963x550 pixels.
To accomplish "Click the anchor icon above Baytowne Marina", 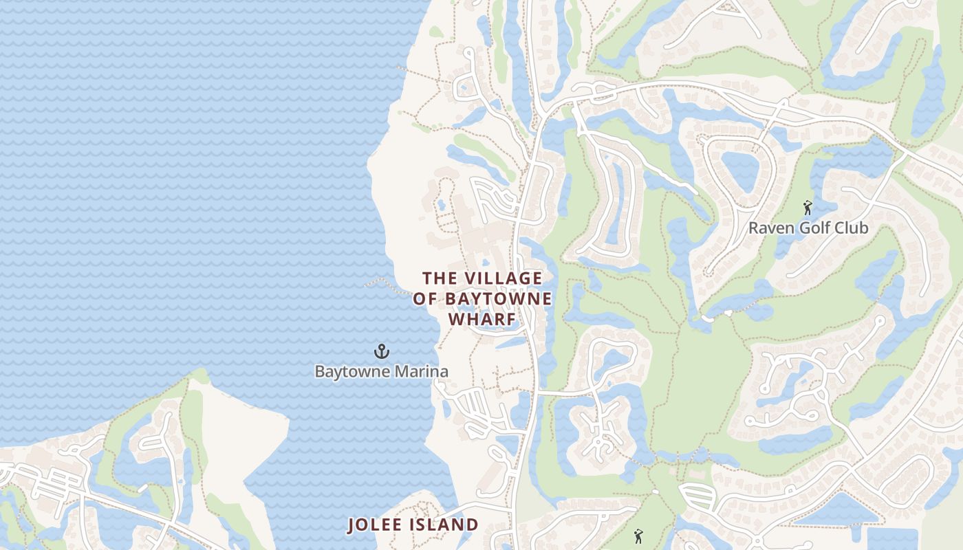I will click(382, 351).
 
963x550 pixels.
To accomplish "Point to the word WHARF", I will click(482, 320).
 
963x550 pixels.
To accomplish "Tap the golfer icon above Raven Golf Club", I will click(808, 207).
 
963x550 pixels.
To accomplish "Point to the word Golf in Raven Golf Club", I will click(809, 228).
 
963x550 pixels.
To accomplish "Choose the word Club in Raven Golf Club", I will click(851, 228).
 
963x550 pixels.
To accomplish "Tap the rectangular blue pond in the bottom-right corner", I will click(892, 539).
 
